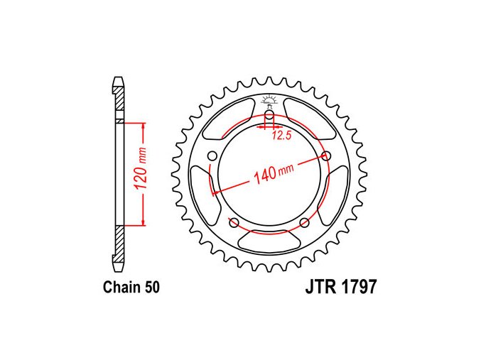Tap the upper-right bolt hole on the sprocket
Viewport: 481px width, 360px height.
pyautogui.click(x=326, y=156)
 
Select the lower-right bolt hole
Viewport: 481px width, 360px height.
pyautogui.click(x=305, y=223)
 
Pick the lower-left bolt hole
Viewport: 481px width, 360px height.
pyautogui.click(x=234, y=223)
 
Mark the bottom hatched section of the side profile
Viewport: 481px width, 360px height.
pyautogui.click(x=119, y=239)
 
